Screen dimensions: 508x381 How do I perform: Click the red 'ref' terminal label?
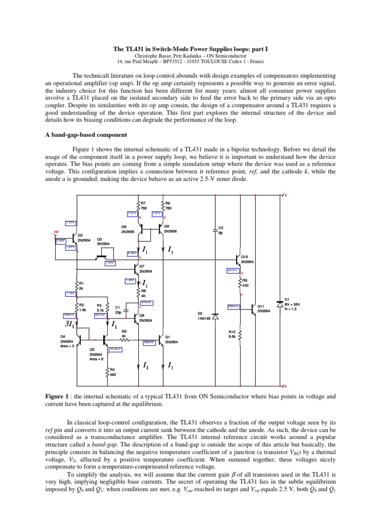point(56,231)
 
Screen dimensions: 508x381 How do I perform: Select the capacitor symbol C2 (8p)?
point(215,230)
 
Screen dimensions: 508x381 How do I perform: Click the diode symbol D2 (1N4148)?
point(215,316)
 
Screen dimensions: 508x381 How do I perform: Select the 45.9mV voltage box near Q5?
point(115,349)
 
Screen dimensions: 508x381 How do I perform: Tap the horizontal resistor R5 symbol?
point(125,339)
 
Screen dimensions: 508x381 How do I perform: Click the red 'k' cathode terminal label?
point(285,194)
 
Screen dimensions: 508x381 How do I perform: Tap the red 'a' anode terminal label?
point(285,386)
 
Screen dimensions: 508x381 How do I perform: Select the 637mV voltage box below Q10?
point(232,270)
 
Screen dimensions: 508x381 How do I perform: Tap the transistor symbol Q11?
point(254,309)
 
